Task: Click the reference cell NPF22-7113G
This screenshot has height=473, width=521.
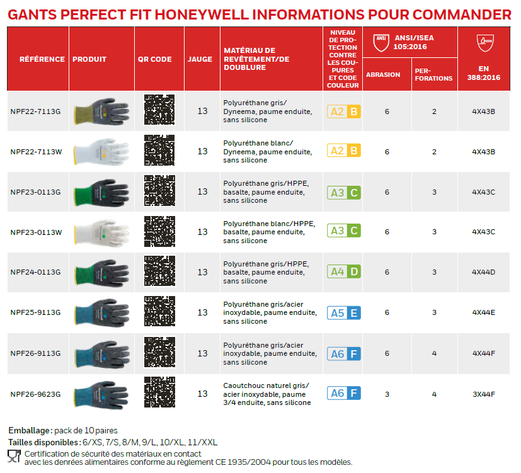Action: click(35, 111)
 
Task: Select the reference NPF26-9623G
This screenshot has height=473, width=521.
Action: click(35, 394)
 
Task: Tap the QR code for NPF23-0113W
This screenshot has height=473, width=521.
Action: click(159, 232)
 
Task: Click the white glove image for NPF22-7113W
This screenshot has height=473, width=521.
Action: click(101, 151)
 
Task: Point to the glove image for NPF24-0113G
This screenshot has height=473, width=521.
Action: click(101, 272)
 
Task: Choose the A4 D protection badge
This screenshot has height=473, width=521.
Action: click(344, 272)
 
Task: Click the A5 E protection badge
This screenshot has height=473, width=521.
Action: click(344, 312)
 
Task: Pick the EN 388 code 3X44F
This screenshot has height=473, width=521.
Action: click(483, 394)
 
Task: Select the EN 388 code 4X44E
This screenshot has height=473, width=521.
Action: click(483, 312)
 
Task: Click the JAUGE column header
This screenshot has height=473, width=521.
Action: click(200, 59)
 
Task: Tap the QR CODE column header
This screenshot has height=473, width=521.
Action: click(155, 59)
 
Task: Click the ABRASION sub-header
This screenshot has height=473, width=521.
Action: click(383, 74)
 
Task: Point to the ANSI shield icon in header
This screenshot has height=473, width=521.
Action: click(380, 42)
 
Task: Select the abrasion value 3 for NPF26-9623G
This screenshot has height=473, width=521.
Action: click(387, 394)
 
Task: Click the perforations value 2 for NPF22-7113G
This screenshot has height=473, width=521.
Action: click(434, 111)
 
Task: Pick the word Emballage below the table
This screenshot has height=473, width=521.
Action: click(29, 430)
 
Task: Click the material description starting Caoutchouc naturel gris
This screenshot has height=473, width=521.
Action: click(268, 394)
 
